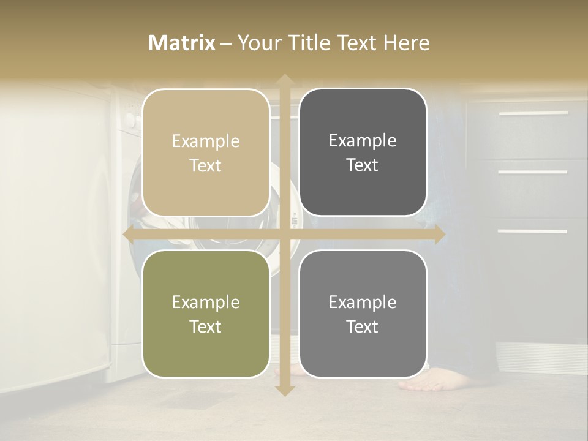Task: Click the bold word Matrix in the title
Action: coord(182,43)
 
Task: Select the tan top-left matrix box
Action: coord(206,153)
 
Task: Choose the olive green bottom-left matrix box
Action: coord(206,314)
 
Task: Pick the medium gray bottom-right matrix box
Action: coord(363,314)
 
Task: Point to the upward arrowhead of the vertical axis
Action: coord(284,80)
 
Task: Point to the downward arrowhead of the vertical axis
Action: coord(284,390)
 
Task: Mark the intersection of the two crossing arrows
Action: coord(284,235)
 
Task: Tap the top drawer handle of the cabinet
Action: coord(533,113)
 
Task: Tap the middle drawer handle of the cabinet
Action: coord(533,172)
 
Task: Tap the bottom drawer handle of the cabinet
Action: coord(533,231)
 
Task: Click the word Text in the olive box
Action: coord(206,326)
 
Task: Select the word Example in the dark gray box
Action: coord(363,140)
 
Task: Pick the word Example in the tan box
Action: coord(206,141)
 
